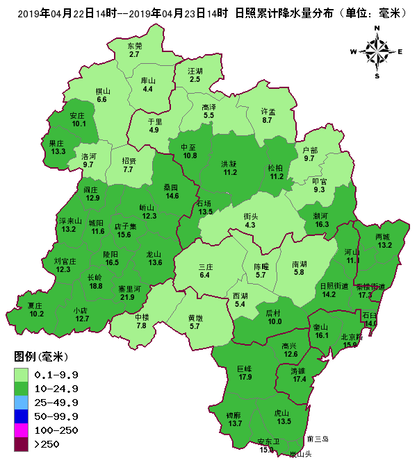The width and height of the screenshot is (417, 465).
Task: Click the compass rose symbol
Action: pyautogui.click(x=377, y=51)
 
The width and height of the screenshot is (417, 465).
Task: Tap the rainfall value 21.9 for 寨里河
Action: pyautogui.click(x=128, y=297)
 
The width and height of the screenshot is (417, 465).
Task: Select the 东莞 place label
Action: pyautogui.click(x=134, y=46)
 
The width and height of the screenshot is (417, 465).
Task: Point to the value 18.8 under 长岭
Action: pyautogui.click(x=96, y=286)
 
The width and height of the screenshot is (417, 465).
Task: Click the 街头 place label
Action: pyautogui.click(x=251, y=216)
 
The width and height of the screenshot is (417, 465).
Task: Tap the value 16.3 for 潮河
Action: pyautogui.click(x=322, y=224)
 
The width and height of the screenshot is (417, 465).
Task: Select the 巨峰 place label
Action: pyautogui.click(x=245, y=369)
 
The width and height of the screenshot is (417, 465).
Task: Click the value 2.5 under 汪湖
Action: pyautogui.click(x=195, y=79)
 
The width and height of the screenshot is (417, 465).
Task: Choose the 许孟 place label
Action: pyautogui.click(x=268, y=111)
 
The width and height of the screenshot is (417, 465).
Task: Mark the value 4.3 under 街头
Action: pyautogui.click(x=251, y=225)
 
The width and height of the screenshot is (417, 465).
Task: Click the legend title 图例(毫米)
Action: pyautogui.click(x=40, y=357)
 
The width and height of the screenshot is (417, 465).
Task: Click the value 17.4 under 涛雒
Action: pyautogui.click(x=300, y=379)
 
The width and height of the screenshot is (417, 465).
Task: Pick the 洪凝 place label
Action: pyautogui.click(x=229, y=163)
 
